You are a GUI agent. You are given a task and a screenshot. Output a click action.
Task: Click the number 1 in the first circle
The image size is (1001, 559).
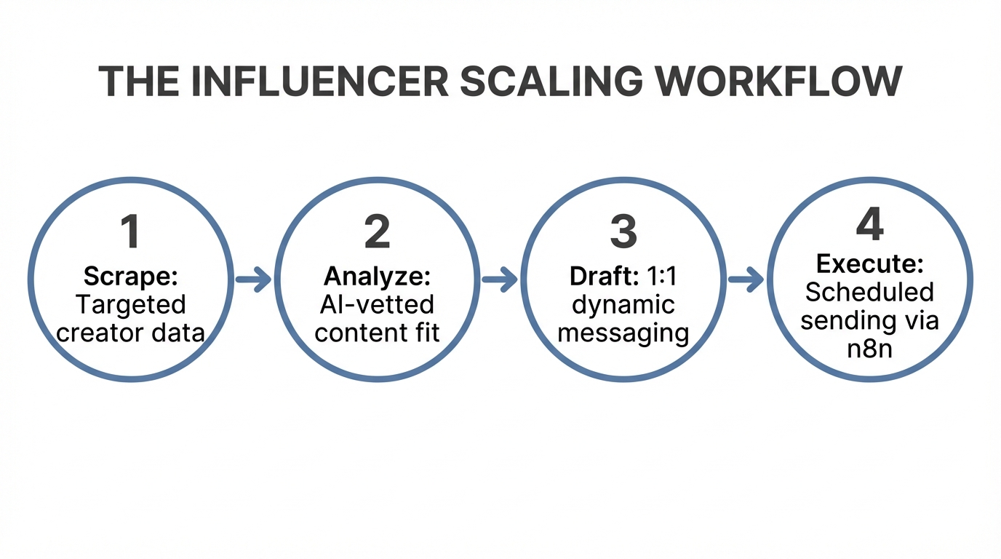pyautogui.click(x=130, y=231)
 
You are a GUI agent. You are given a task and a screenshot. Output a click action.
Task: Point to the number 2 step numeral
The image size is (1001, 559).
pyautogui.click(x=377, y=231)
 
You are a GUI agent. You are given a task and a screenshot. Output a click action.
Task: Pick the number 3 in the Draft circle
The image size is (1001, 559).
pyautogui.click(x=623, y=231)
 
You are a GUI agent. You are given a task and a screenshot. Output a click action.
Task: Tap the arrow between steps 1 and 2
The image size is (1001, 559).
pyautogui.click(x=254, y=279)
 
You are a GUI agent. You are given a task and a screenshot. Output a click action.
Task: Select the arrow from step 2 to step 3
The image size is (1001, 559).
pyautogui.click(x=500, y=279)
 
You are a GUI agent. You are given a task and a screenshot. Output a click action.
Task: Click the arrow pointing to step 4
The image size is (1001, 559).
pyautogui.click(x=746, y=279)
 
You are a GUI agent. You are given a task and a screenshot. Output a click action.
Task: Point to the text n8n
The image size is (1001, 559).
pyautogui.click(x=869, y=349)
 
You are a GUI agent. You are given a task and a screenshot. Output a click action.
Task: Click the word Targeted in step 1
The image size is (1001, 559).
pyautogui.click(x=131, y=304)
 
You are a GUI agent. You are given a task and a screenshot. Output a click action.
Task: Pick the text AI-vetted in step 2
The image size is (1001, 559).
pyautogui.click(x=377, y=304)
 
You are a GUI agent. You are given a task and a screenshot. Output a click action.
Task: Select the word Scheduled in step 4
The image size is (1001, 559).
pyautogui.click(x=869, y=292)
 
